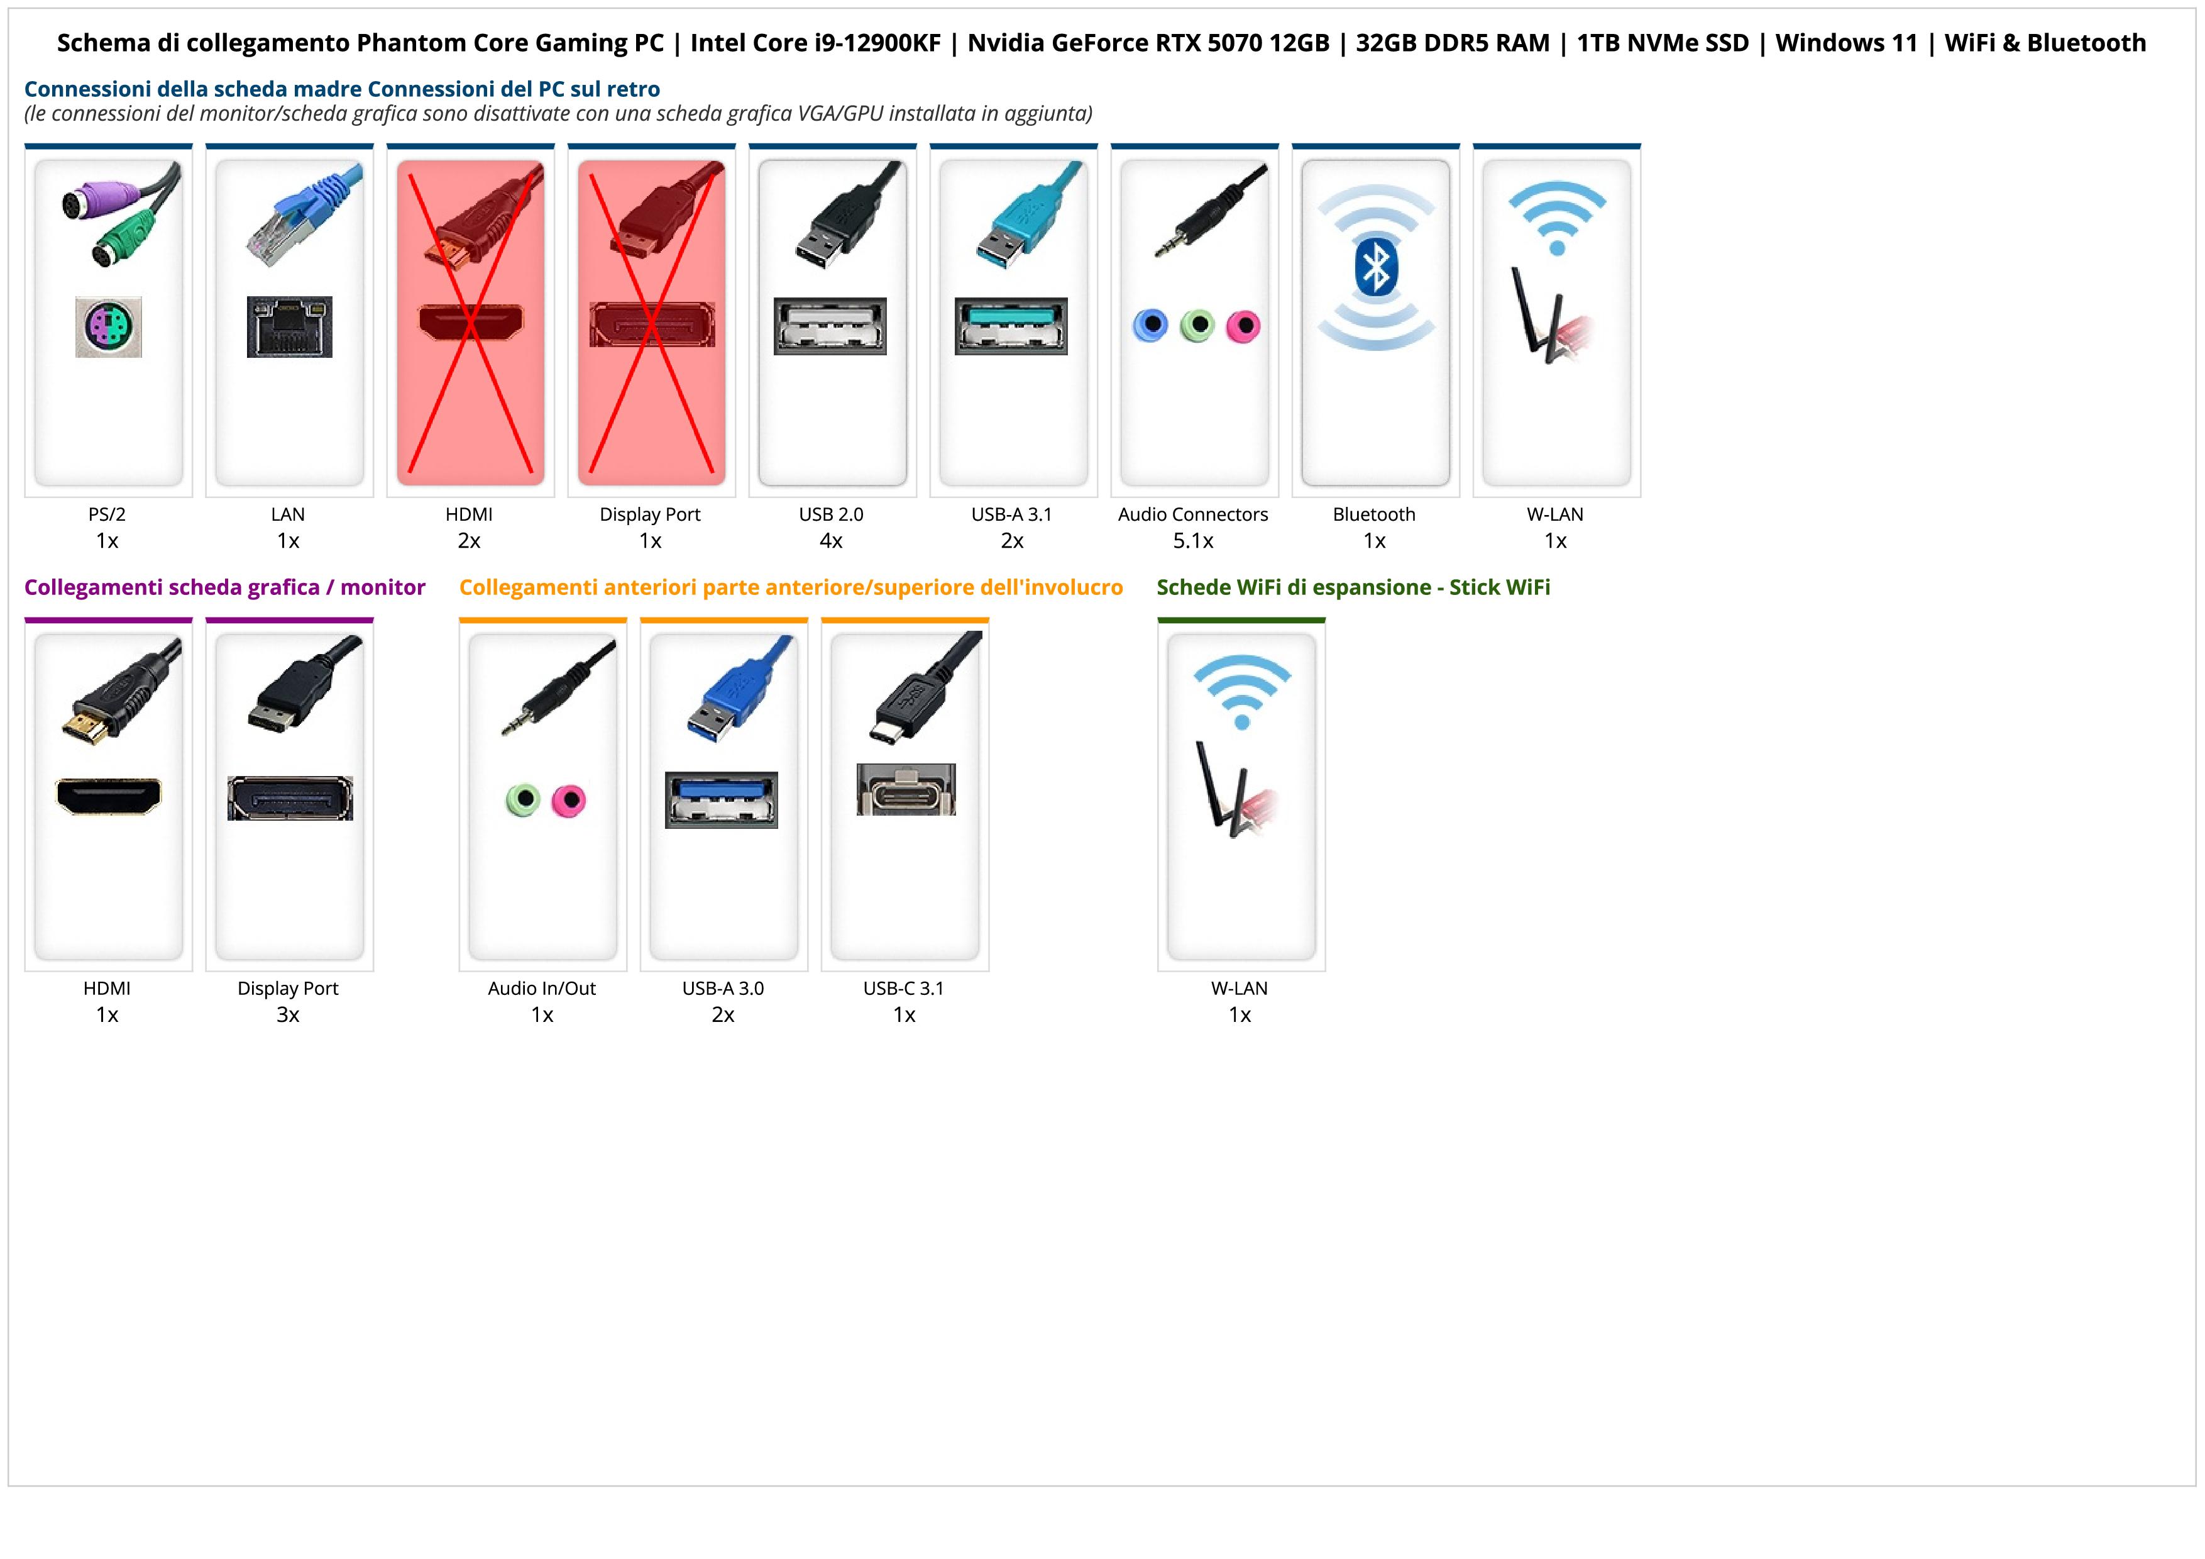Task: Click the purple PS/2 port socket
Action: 109,328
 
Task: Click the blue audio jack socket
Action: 1150,326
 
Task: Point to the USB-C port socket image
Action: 906,790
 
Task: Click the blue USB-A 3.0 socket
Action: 721,799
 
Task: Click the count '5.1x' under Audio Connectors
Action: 1193,541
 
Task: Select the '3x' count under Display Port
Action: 288,1014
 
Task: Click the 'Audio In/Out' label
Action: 542,989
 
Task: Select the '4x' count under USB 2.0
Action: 831,541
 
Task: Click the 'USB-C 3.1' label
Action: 904,989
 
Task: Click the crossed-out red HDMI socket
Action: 471,323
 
